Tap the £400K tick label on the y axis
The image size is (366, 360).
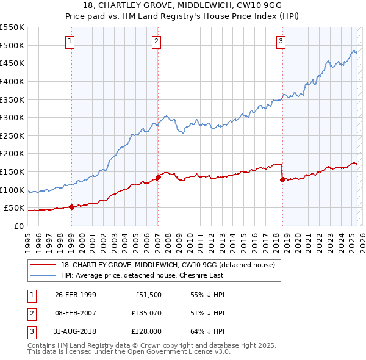(12, 81)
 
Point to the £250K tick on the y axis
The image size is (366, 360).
(12, 135)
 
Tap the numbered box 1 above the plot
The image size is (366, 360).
(70, 41)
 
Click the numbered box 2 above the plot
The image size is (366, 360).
(157, 41)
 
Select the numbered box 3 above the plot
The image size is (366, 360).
(281, 41)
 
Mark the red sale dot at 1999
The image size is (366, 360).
(71, 207)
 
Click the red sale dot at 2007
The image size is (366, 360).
(158, 177)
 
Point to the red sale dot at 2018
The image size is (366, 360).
(282, 179)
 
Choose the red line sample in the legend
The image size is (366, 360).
(44, 265)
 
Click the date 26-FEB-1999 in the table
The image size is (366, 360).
(76, 295)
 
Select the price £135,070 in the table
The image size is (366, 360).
(144, 313)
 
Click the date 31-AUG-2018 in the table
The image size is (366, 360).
(76, 331)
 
